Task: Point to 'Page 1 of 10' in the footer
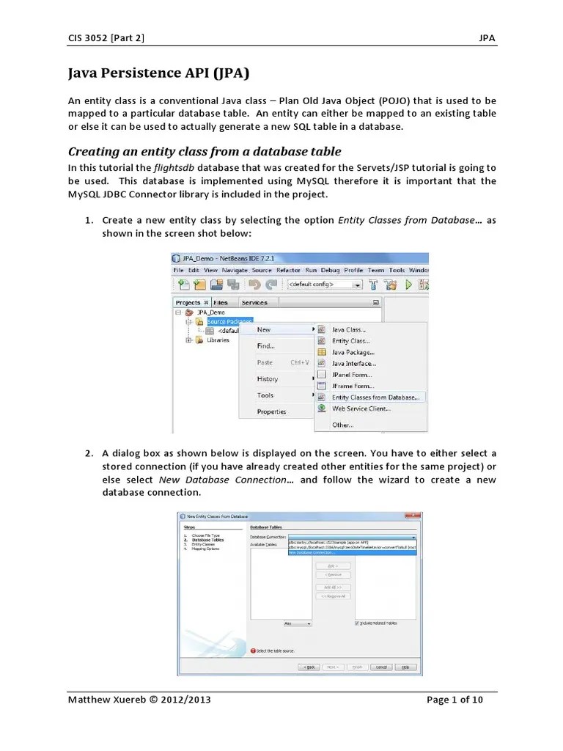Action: [455, 699]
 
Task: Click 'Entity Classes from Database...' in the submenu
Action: [375, 398]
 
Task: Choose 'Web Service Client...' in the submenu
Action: [360, 409]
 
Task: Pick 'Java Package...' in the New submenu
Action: [353, 352]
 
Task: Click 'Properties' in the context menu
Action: [271, 411]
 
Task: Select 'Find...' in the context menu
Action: [265, 346]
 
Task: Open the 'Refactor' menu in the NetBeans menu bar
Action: [289, 270]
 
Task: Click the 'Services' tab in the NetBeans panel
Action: [254, 302]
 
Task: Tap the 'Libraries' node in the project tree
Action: [218, 340]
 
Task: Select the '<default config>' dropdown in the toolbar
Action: [324, 285]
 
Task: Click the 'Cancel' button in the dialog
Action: [380, 667]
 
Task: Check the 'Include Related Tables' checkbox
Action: [357, 623]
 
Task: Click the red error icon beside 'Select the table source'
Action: [254, 650]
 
